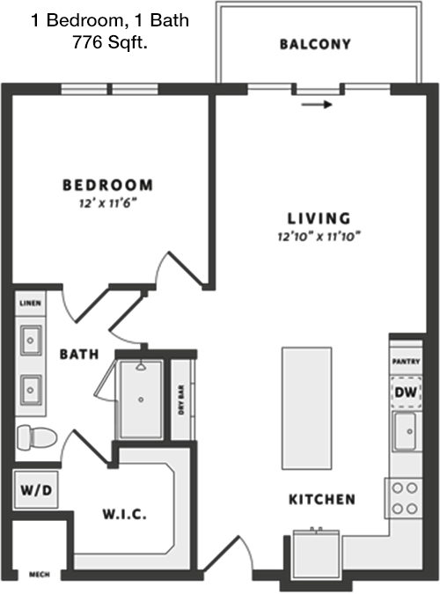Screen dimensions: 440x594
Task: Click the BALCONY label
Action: [x=315, y=44]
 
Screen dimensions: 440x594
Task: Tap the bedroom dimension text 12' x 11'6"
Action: [x=107, y=203]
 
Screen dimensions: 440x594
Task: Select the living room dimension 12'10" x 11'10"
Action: [x=319, y=237]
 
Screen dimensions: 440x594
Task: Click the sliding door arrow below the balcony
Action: [x=317, y=105]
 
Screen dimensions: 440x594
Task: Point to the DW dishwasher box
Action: [x=406, y=392]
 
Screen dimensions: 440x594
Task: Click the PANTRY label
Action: [x=406, y=362]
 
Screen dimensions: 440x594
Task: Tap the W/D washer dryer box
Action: [x=36, y=490]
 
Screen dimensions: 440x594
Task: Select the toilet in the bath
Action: [x=36, y=437]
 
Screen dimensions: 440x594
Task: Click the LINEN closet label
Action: [x=30, y=303]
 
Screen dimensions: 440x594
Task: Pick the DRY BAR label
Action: [x=181, y=400]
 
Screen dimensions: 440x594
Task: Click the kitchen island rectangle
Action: [x=306, y=408]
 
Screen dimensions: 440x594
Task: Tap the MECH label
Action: [x=40, y=575]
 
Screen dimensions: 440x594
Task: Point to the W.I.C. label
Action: [x=124, y=515]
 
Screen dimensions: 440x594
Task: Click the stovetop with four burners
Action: [x=404, y=498]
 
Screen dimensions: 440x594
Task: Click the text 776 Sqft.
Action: [x=109, y=42]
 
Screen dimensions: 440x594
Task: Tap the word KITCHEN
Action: [x=322, y=499]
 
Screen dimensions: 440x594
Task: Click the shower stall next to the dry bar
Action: [x=141, y=400]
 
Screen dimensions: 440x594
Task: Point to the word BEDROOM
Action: [x=107, y=185]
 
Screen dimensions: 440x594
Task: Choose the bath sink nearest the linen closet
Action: [x=31, y=341]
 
